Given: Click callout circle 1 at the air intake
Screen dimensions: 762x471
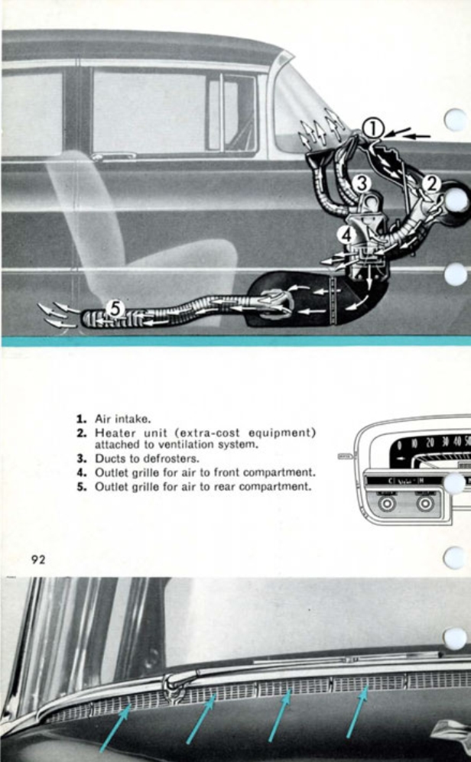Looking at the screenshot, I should (372, 129).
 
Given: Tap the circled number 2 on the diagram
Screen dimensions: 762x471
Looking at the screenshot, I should (430, 182).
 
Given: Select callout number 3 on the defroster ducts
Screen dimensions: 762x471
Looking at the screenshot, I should (362, 183).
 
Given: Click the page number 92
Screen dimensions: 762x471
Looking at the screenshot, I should (38, 559).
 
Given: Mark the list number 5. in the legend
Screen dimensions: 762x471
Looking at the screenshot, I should (80, 485).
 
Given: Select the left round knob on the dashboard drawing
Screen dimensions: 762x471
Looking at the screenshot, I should (387, 505).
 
